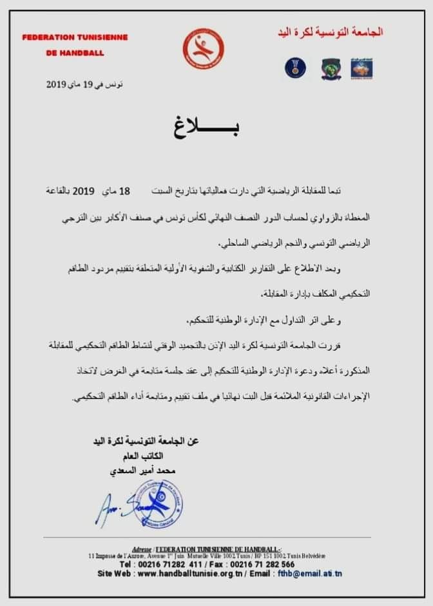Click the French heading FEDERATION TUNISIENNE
coord(75,37)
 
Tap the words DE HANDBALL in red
coord(75,53)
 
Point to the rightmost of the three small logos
coord(362,68)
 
